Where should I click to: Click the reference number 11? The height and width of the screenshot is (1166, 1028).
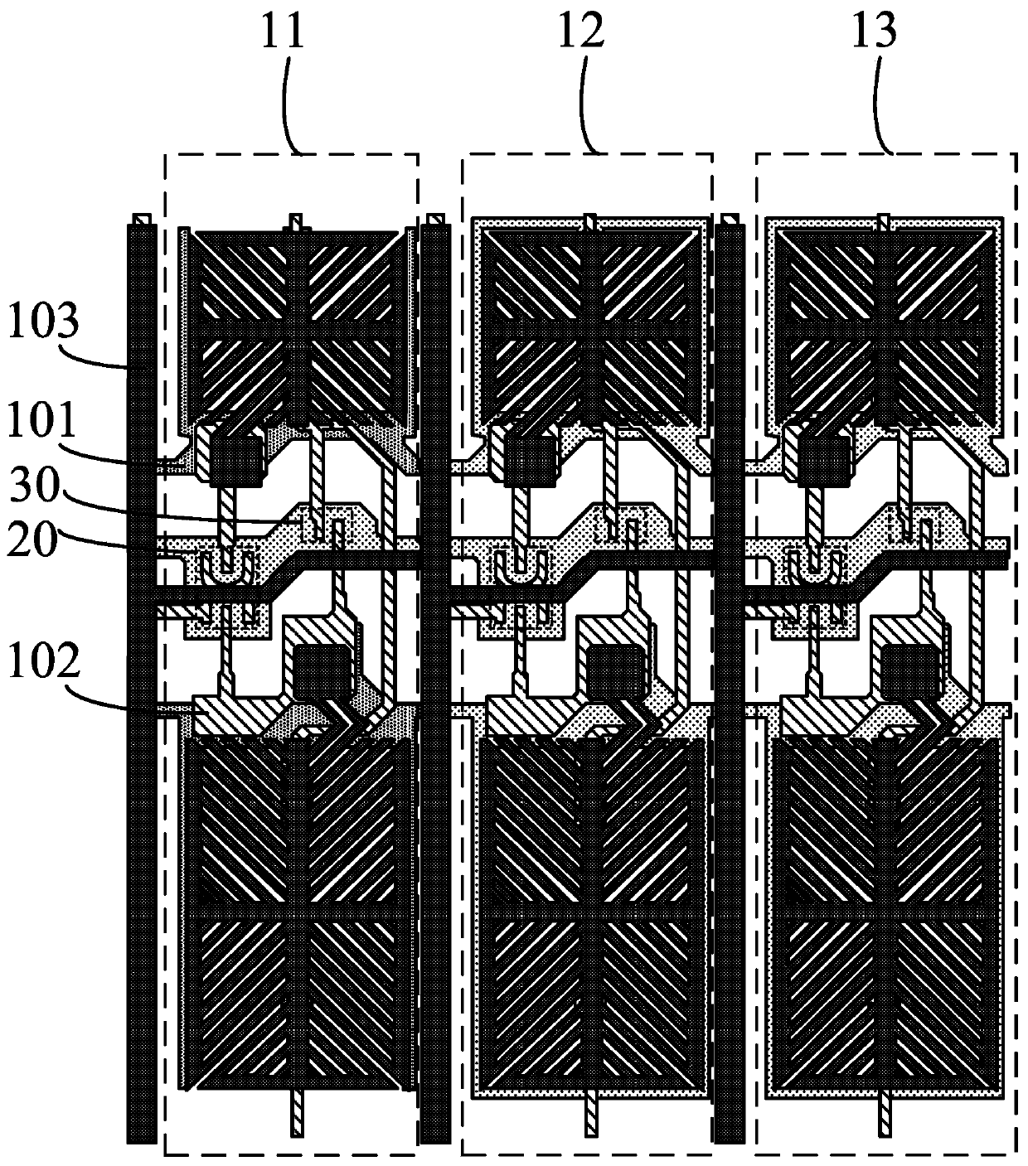(284, 33)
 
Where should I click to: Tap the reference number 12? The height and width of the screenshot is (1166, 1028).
(581, 33)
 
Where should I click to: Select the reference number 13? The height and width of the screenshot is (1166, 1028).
(875, 33)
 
